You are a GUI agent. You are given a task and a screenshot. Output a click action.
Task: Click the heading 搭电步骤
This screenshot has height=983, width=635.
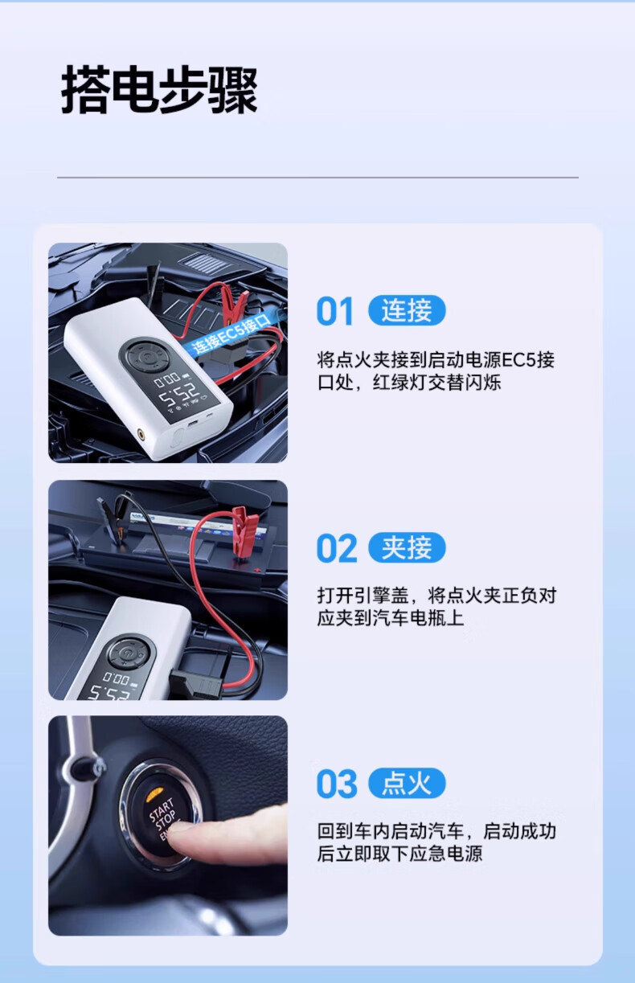click(x=159, y=90)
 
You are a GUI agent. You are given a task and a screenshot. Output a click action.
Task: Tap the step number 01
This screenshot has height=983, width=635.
click(x=334, y=311)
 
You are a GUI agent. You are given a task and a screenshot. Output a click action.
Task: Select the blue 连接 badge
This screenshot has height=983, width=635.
click(x=407, y=310)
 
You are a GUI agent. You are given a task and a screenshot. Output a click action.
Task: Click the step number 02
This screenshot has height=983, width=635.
click(x=337, y=547)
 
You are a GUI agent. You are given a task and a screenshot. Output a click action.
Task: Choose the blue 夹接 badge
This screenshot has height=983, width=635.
click(x=407, y=547)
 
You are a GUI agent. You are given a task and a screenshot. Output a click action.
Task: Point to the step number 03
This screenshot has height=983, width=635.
click(x=337, y=784)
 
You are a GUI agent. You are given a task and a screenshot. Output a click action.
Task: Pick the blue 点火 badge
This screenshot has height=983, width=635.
click(x=407, y=784)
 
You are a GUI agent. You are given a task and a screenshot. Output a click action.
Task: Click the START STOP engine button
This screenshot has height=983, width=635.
click(x=161, y=814)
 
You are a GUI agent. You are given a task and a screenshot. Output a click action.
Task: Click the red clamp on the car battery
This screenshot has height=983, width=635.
click(x=244, y=532)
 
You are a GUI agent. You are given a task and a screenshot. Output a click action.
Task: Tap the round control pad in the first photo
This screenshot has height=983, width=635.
click(x=146, y=358)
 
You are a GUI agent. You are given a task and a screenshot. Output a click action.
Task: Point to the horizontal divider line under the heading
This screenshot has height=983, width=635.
click(x=317, y=178)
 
